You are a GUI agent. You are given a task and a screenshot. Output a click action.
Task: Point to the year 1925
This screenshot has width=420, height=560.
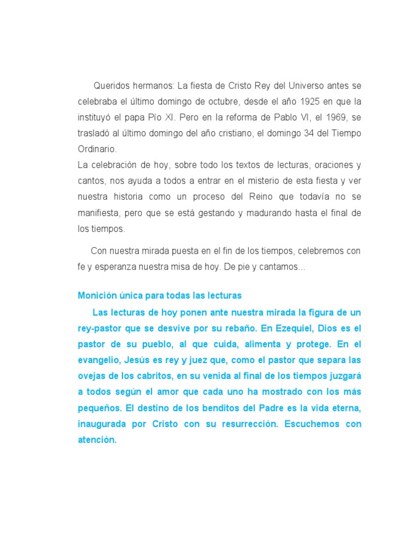tap(306, 102)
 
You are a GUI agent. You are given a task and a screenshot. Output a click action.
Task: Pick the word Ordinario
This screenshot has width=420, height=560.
tap(97, 149)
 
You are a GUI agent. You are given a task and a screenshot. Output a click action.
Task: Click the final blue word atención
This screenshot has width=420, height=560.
tap(97, 440)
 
